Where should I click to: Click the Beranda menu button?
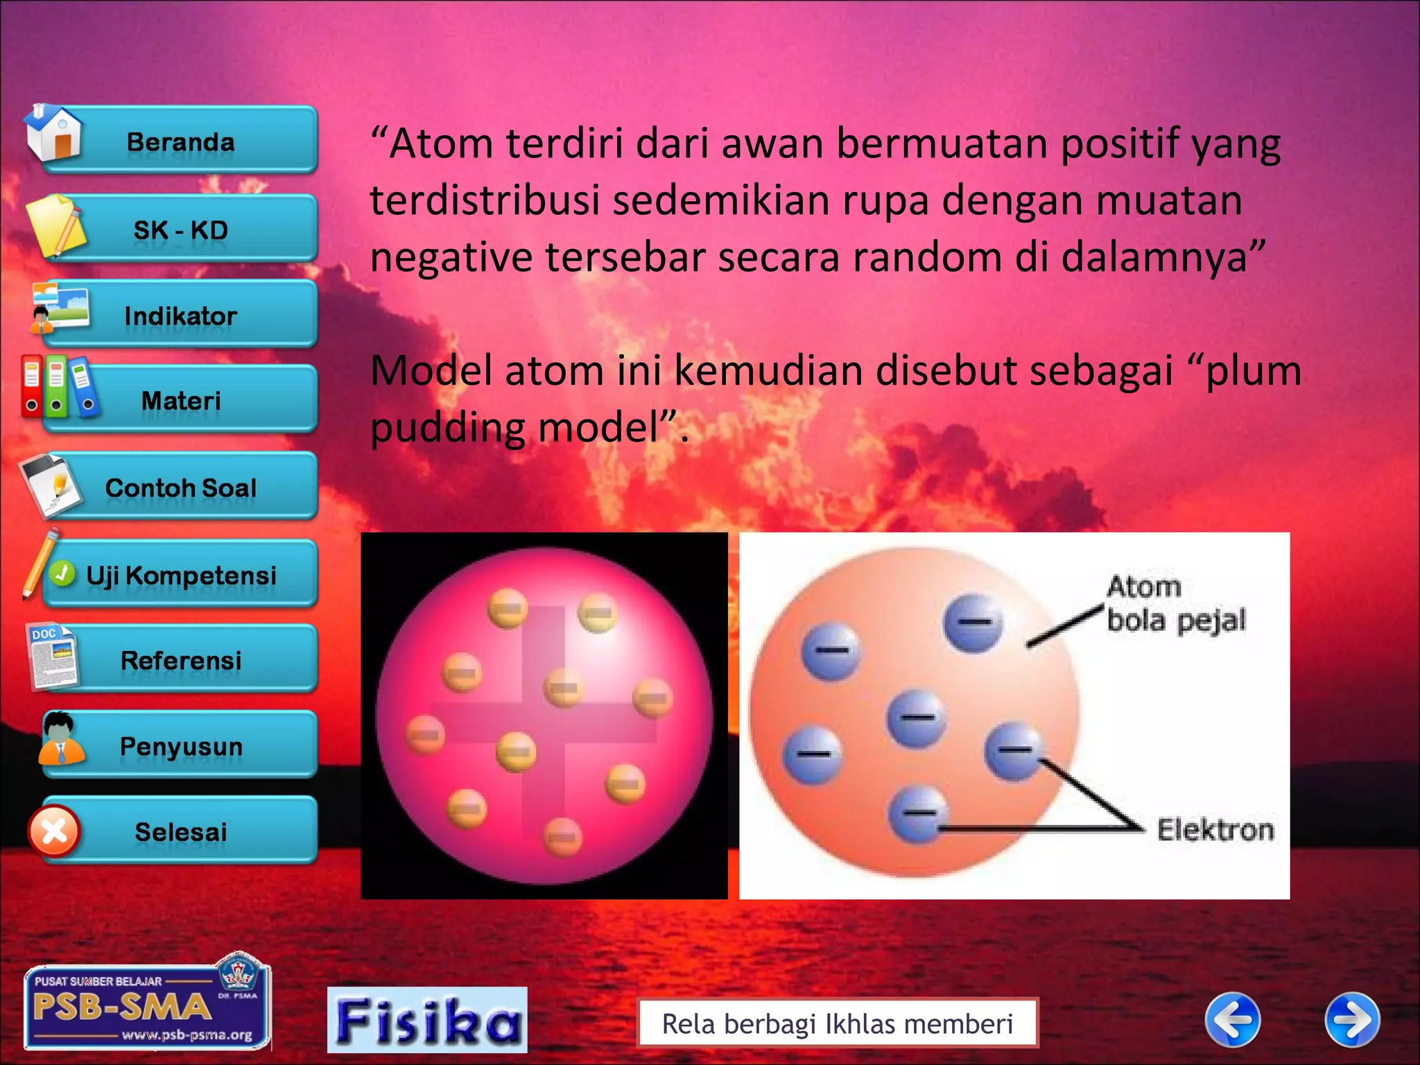click(x=180, y=141)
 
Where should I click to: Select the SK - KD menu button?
click(x=180, y=230)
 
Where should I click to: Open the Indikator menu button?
click(x=180, y=316)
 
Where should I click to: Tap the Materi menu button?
click(x=180, y=401)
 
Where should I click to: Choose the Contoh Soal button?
click(x=180, y=487)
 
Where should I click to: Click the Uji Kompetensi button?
click(x=180, y=575)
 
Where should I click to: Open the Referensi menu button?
click(x=180, y=660)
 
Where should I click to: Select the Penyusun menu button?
click(x=180, y=746)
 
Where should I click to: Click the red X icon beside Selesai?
click(x=54, y=831)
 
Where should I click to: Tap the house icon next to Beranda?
click(x=54, y=133)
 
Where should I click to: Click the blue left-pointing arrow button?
click(x=1233, y=1019)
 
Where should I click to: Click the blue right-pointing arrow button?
click(x=1352, y=1019)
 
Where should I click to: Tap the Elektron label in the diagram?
click(x=1215, y=829)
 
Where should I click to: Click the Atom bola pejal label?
click(x=1175, y=603)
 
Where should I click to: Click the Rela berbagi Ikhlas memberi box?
click(x=837, y=1023)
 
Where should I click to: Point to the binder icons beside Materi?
click(x=58, y=387)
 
